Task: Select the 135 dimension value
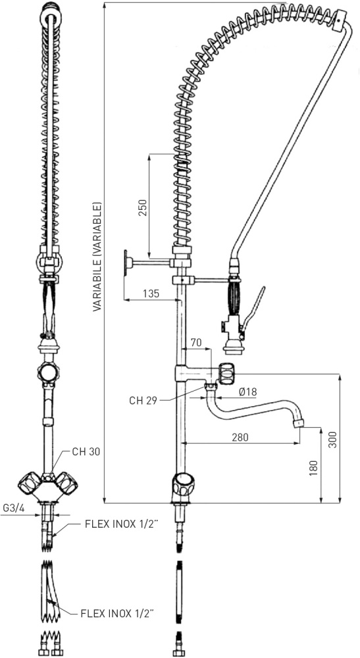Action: [151, 293]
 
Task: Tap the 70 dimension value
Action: [196, 342]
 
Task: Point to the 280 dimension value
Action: [240, 437]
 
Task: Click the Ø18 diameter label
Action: [248, 392]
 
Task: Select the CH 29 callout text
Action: [143, 400]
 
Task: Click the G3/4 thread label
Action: [13, 508]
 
